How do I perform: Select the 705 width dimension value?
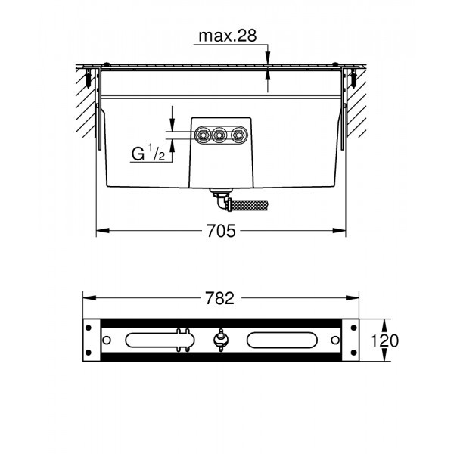220,231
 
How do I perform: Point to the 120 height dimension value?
384,340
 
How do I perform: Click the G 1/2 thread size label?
148,154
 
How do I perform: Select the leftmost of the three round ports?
204,136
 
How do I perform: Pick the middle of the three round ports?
220,136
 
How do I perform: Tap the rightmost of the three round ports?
238,136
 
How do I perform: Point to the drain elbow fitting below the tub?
221,201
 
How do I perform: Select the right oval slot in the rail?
288,339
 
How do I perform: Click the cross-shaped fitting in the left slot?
182,339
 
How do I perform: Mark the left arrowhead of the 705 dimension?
100,231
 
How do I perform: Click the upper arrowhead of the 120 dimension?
364,322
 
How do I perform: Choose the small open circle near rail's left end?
107,339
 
